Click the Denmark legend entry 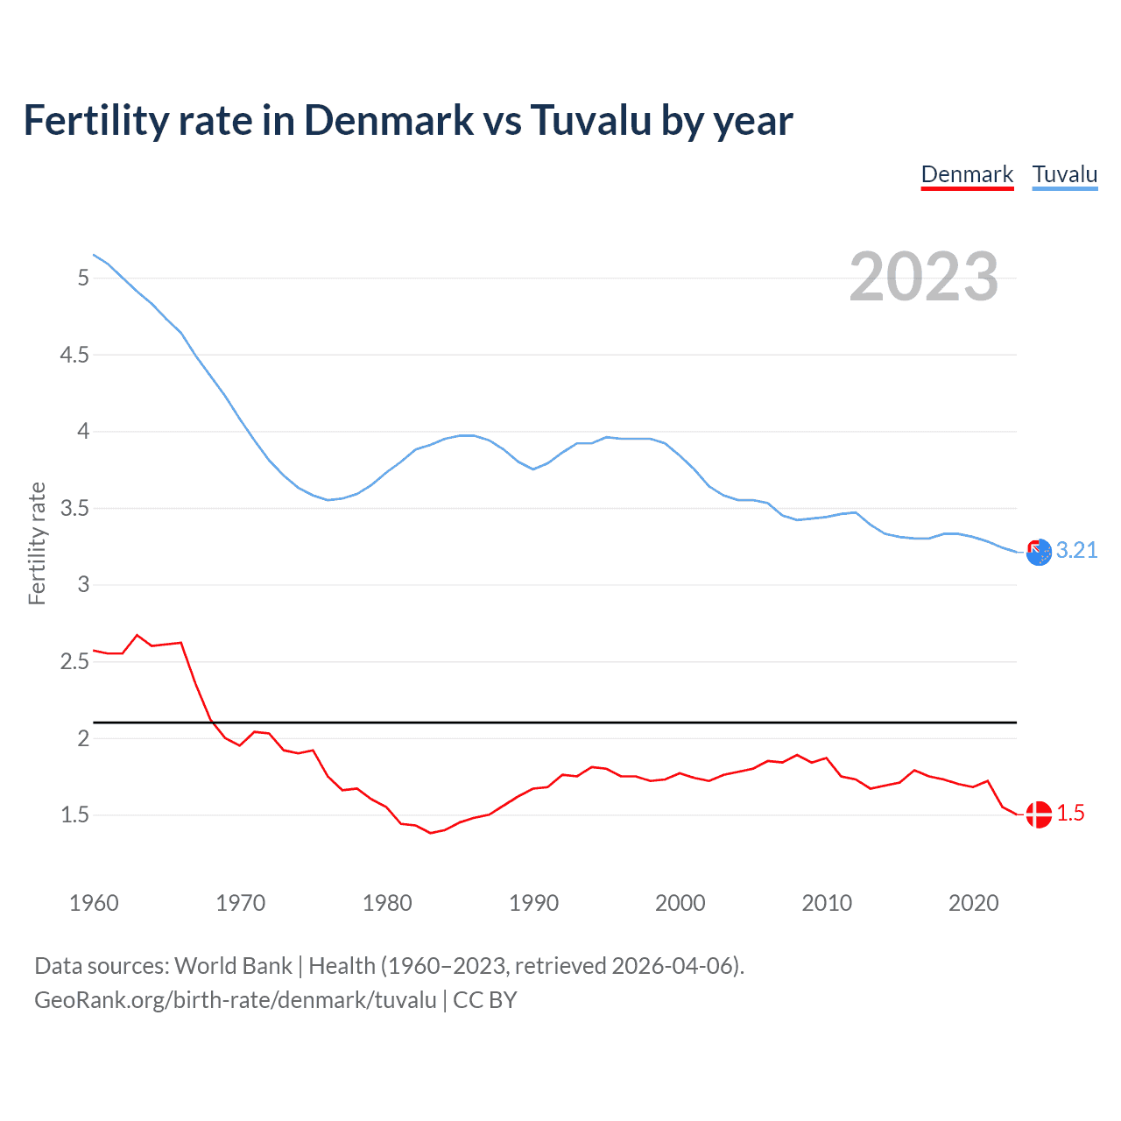(967, 174)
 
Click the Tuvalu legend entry (1064, 174)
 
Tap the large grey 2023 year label (924, 277)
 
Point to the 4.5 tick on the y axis (74, 355)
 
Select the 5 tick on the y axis (83, 278)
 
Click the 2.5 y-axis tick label (74, 661)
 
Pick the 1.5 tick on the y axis (74, 814)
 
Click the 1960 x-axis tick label (94, 903)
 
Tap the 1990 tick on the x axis (533, 903)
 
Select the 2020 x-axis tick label (973, 903)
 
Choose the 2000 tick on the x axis (680, 903)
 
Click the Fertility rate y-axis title (37, 543)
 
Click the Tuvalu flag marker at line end (1038, 553)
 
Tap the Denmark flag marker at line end (1038, 814)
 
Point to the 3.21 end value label (1076, 550)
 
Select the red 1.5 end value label (1070, 814)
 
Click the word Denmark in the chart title (390, 120)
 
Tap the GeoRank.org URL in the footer (235, 999)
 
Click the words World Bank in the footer (233, 965)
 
